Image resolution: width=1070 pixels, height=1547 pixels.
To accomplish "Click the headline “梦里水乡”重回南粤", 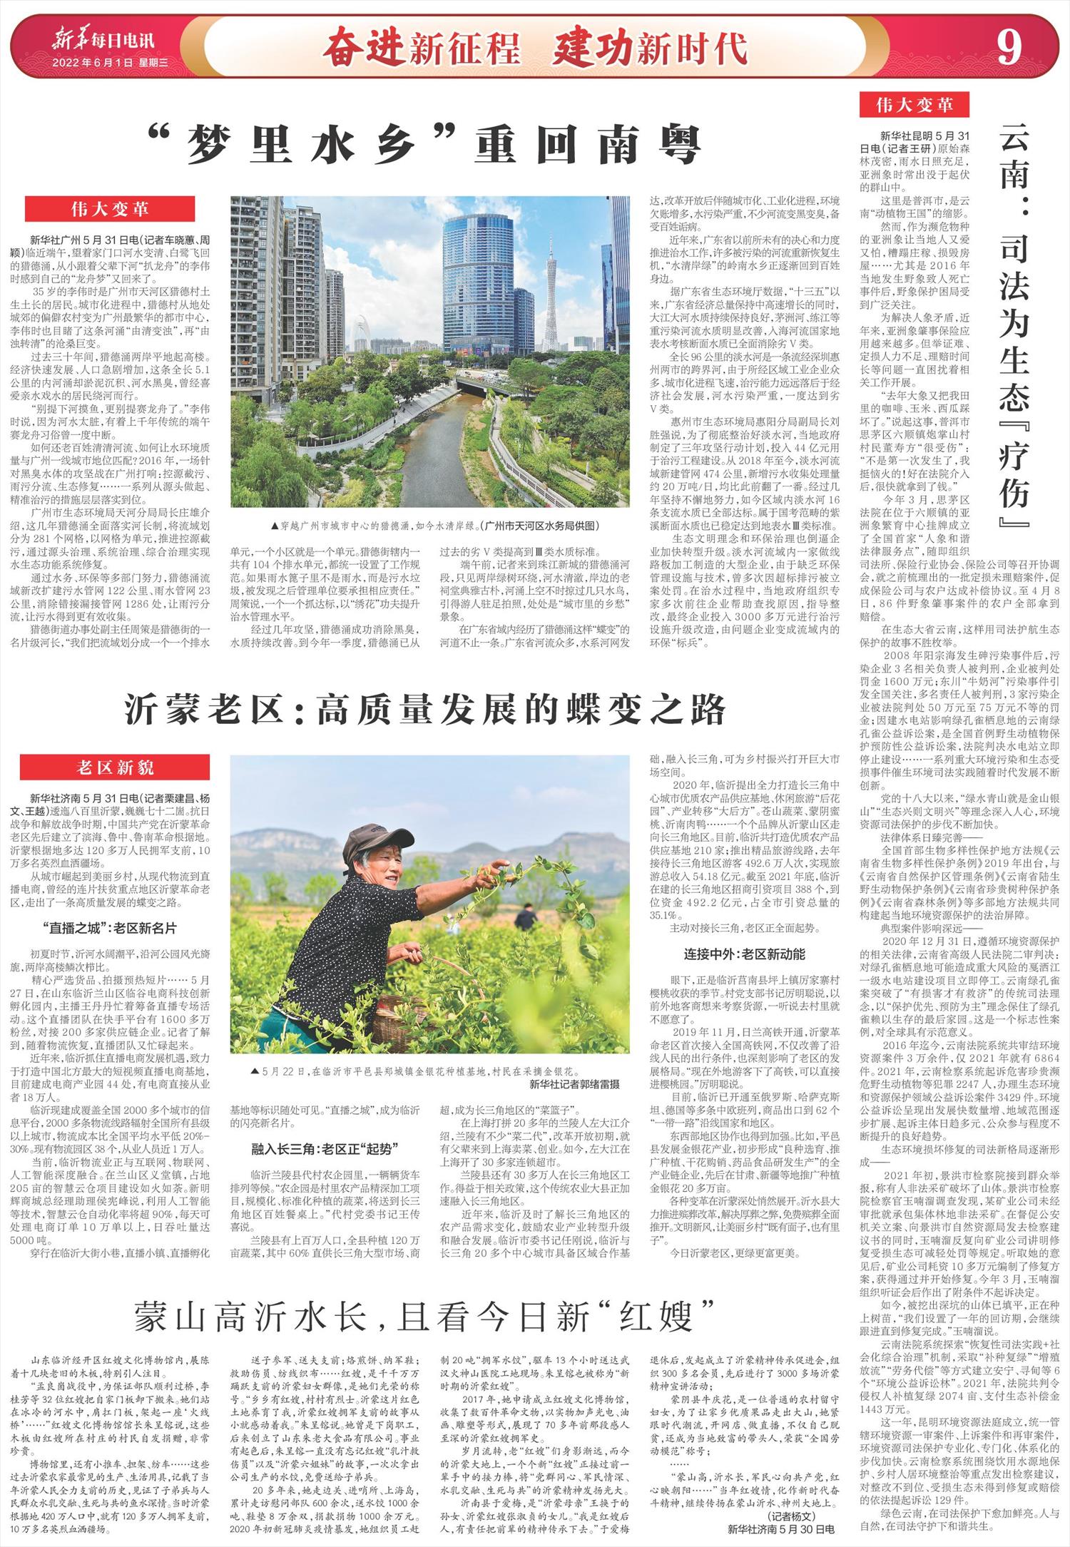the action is tap(424, 146).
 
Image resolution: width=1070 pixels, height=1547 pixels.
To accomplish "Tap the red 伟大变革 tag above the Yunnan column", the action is tap(915, 106).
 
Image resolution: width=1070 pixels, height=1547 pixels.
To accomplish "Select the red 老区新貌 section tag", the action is tap(115, 767).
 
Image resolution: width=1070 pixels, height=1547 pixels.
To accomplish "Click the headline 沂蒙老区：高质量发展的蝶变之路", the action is tap(425, 710).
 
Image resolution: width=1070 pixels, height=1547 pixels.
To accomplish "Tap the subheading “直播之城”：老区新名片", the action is tap(109, 929).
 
